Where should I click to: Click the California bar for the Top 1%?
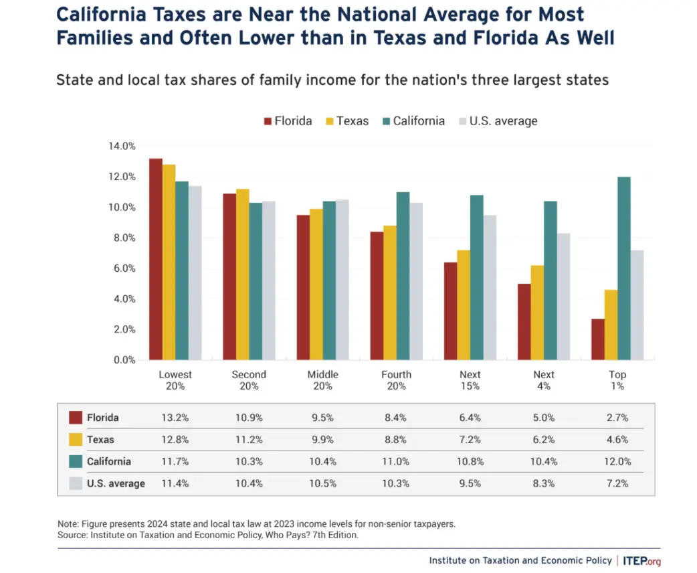click(x=623, y=268)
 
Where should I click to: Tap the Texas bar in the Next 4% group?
click(x=536, y=313)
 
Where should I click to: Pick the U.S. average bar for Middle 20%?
click(x=342, y=280)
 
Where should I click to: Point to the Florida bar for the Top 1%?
click(x=597, y=339)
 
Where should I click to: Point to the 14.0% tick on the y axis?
click(x=122, y=146)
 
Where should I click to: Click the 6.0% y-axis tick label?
click(x=122, y=268)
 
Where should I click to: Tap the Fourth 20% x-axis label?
click(x=397, y=380)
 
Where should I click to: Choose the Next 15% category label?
click(x=470, y=380)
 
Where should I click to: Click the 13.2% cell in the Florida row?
click(x=175, y=418)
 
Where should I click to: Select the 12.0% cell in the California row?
click(x=617, y=461)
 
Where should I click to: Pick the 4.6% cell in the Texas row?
click(x=617, y=440)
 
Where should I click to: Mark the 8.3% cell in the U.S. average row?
click(x=543, y=483)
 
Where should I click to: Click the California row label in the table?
click(x=109, y=461)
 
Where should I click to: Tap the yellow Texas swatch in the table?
click(x=76, y=440)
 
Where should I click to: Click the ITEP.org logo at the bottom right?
click(x=641, y=560)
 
